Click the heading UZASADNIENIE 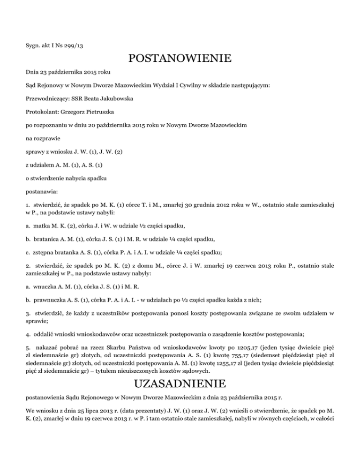click(180, 383)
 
